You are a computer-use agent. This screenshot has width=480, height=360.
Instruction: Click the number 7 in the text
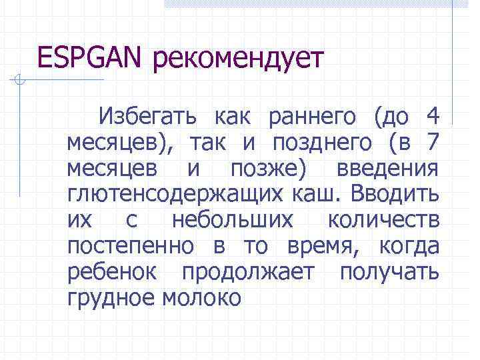coord(431,142)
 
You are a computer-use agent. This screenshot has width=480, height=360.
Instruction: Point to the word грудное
coord(111,298)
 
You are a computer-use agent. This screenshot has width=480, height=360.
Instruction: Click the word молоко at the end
coord(201,297)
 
